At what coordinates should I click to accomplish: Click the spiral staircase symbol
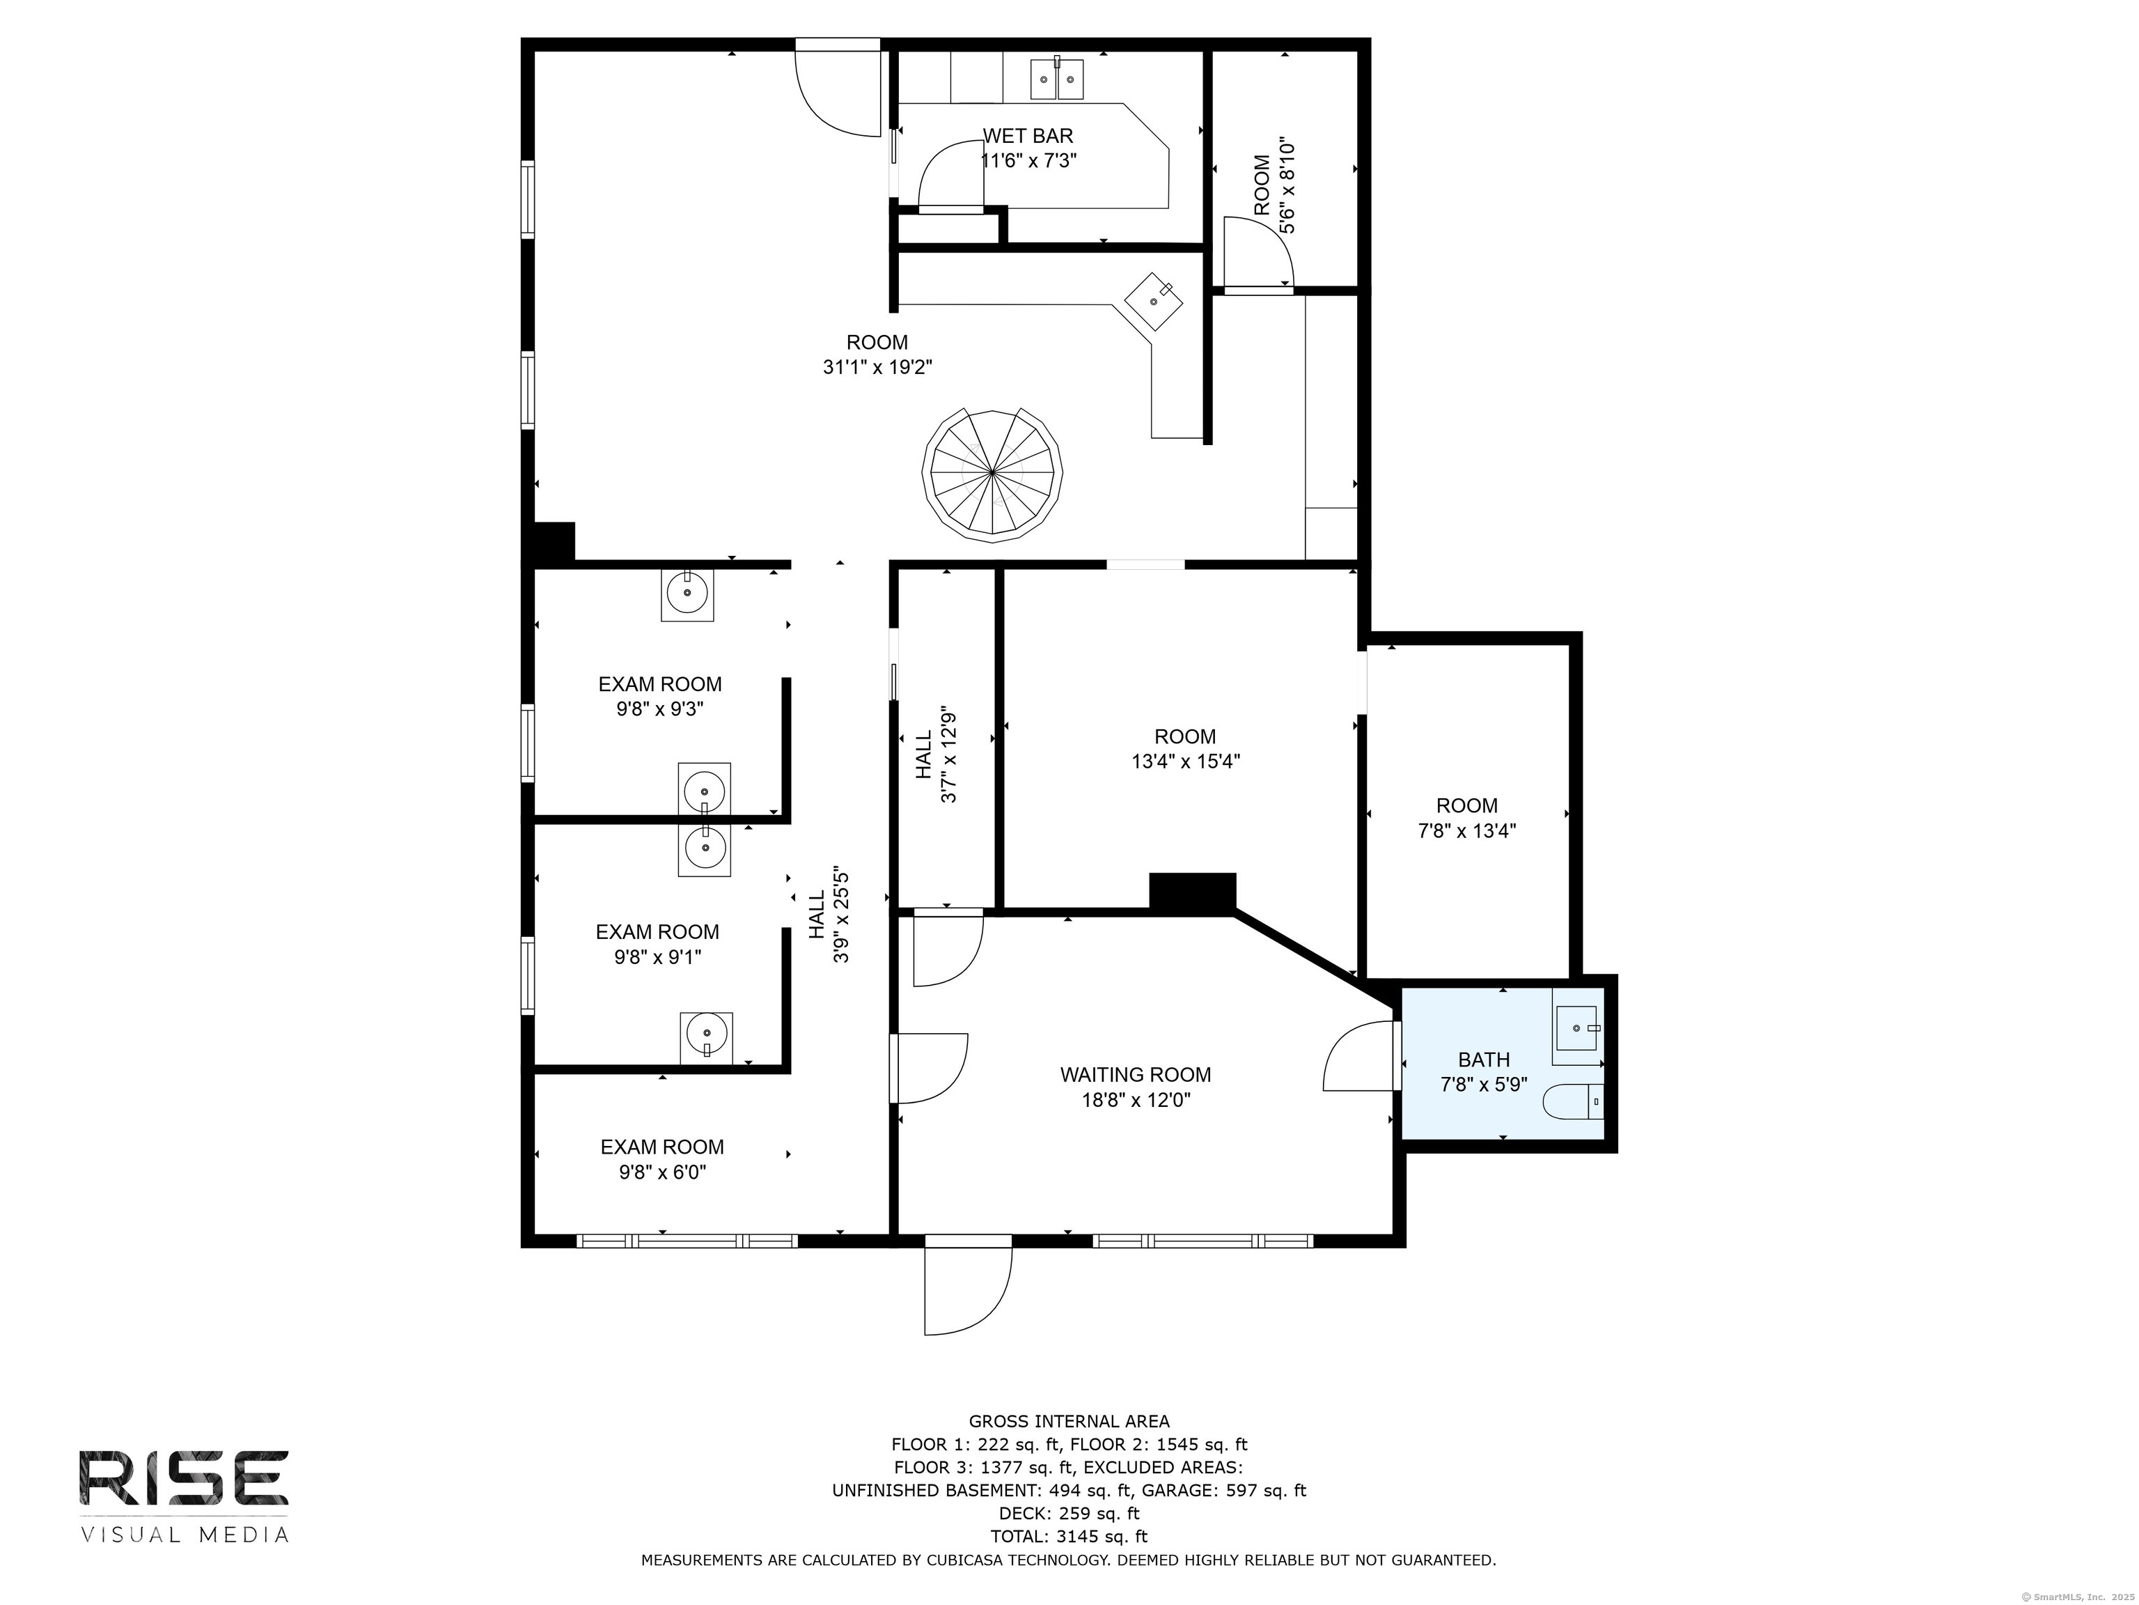coord(992,473)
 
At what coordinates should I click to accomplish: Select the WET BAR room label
coord(1028,137)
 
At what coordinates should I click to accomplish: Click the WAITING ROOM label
coord(1135,1075)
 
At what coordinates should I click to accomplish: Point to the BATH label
coord(1483,1060)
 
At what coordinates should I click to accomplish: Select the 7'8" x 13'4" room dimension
coord(1467,831)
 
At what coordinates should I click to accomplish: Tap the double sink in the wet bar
coord(1056,78)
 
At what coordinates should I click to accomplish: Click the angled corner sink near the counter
coord(1154,302)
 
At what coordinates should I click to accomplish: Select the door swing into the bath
coord(1358,1057)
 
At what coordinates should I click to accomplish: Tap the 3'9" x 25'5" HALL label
coord(830,914)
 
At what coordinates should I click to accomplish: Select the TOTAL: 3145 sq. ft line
coord(1069,1536)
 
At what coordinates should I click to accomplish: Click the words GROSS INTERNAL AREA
coord(1069,1421)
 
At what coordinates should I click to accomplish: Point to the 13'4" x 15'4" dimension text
coord(1186,761)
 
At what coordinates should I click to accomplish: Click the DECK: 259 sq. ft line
coord(1069,1513)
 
